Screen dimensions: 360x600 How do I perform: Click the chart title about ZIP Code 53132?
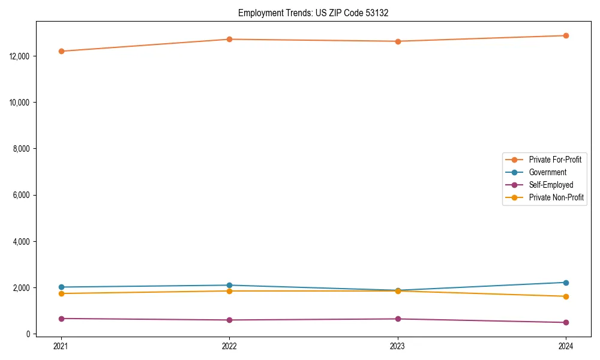pyautogui.click(x=313, y=13)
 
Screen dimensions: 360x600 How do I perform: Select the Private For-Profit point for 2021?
pyautogui.click(x=61, y=51)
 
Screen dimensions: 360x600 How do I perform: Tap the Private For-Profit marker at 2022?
pyautogui.click(x=229, y=40)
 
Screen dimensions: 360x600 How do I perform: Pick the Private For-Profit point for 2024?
pyautogui.click(x=566, y=35)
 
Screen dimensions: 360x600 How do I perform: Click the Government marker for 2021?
pyautogui.click(x=61, y=287)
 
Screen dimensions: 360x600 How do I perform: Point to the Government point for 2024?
pyautogui.click(x=566, y=283)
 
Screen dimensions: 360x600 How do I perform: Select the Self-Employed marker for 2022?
pyautogui.click(x=229, y=320)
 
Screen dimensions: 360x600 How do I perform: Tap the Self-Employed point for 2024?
pyautogui.click(x=566, y=322)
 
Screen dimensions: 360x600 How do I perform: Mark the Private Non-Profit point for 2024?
pyautogui.click(x=566, y=296)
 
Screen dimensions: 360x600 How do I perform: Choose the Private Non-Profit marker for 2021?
pyautogui.click(x=61, y=293)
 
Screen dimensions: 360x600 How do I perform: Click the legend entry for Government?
pyautogui.click(x=547, y=172)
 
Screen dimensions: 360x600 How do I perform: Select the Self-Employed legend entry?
pyautogui.click(x=551, y=185)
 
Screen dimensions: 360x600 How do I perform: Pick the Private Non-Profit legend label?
pyautogui.click(x=556, y=197)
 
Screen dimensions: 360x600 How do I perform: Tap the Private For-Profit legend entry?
pyautogui.click(x=555, y=160)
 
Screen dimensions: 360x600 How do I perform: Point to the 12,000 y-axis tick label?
pyautogui.click(x=21, y=56)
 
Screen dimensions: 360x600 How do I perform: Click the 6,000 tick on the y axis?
pyautogui.click(x=22, y=195)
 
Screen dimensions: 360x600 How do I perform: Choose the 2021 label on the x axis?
pyautogui.click(x=61, y=346)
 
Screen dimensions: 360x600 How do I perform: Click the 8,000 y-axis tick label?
pyautogui.click(x=22, y=149)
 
